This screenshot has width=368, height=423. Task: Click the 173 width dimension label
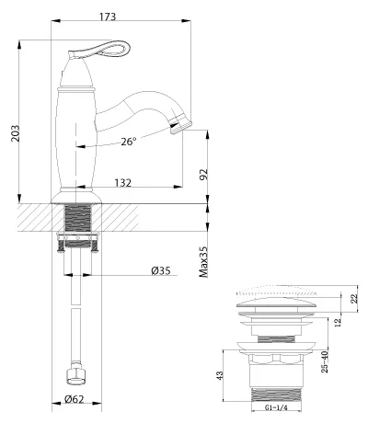coord(108,17)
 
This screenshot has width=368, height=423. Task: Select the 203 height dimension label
coord(15,133)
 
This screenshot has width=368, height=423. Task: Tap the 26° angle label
coord(128,142)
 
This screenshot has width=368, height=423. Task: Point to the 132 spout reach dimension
coord(122,183)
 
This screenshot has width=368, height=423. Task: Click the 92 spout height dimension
coord(203,174)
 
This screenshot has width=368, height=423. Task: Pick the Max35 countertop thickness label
coord(203,262)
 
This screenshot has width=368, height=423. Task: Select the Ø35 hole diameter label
coord(161,270)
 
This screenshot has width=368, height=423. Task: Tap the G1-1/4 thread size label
coord(276,407)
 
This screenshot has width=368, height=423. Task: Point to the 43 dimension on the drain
coord(220,375)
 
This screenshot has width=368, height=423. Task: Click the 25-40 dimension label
coord(324,361)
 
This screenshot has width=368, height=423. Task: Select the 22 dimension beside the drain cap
coord(354,299)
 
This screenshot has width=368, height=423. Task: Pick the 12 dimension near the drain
coord(338,322)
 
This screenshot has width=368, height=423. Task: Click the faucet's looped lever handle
coord(101,50)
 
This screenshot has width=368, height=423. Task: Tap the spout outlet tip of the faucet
coord(181,126)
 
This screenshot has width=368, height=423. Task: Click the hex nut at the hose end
coord(75,374)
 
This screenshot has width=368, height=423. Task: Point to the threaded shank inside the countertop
coord(78,218)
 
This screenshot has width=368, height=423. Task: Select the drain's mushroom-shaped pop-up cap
coord(276,303)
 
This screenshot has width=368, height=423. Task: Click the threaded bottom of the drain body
coord(276,394)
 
